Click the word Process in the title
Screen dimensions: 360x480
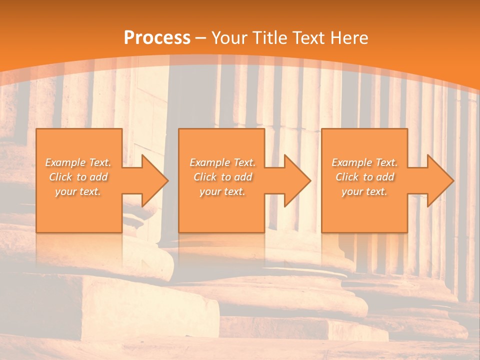click(x=157, y=38)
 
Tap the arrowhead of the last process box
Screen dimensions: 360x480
click(x=439, y=180)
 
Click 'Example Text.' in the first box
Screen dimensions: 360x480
click(x=78, y=162)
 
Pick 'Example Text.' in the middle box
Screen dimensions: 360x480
click(x=222, y=162)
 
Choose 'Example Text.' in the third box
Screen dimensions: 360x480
click(x=364, y=162)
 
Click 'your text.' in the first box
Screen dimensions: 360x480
click(x=78, y=191)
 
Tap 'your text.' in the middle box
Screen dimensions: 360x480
click(x=222, y=191)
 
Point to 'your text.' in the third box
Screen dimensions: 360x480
click(x=364, y=191)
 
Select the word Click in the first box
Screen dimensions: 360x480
click(x=61, y=177)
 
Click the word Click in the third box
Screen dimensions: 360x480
click(x=347, y=177)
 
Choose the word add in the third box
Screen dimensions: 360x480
click(x=385, y=177)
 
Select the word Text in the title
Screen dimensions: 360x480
click(x=309, y=38)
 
